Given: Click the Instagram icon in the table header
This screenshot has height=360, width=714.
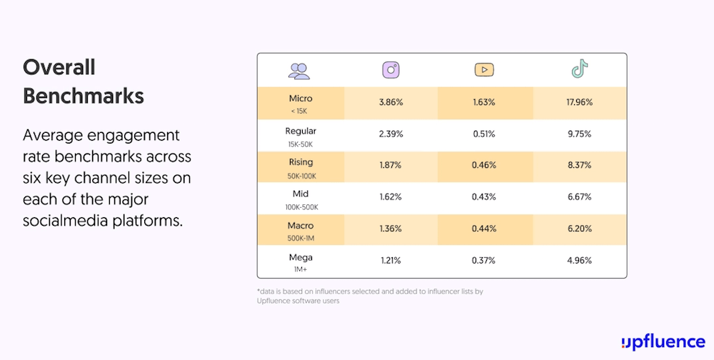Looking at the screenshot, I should pyautogui.click(x=391, y=70).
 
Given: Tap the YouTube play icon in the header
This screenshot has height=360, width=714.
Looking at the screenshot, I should pyautogui.click(x=484, y=70).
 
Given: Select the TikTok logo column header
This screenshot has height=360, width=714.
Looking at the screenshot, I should pyautogui.click(x=579, y=69).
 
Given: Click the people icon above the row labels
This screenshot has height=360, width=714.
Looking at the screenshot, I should pyautogui.click(x=299, y=70).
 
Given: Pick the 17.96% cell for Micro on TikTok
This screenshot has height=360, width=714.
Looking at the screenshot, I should pyautogui.click(x=579, y=102).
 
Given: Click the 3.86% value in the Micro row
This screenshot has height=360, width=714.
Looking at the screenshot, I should pyautogui.click(x=391, y=102).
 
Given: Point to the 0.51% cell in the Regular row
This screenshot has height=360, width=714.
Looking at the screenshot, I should pyautogui.click(x=484, y=134).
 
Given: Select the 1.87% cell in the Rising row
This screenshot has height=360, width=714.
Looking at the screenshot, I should pyautogui.click(x=391, y=165).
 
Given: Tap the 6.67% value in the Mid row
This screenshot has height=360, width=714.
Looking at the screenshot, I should pyautogui.click(x=579, y=196).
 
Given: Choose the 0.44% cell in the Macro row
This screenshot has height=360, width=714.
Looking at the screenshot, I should pyautogui.click(x=484, y=229).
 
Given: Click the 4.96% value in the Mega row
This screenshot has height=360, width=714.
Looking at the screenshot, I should pyautogui.click(x=579, y=260).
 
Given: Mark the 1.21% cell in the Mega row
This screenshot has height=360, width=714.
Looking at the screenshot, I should pyautogui.click(x=391, y=260).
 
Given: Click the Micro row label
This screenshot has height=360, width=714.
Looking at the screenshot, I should pyautogui.click(x=301, y=99).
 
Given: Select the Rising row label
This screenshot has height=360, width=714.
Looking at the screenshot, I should pyautogui.click(x=301, y=162).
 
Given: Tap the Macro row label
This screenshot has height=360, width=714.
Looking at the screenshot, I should pyautogui.click(x=301, y=225).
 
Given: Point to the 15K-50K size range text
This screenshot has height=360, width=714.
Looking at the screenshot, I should pyautogui.click(x=301, y=144).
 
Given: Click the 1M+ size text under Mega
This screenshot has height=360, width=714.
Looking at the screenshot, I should pyautogui.click(x=301, y=270).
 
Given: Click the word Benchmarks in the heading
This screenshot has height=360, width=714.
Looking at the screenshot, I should pyautogui.click(x=84, y=95).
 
